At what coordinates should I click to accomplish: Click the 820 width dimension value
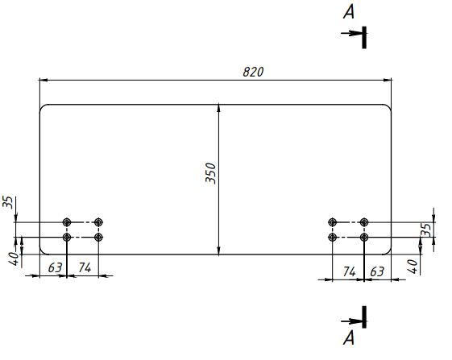(x=253, y=72)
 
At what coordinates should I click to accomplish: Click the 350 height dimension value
(x=211, y=173)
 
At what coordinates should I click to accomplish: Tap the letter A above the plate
(x=349, y=12)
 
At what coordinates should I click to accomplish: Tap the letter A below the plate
(x=349, y=337)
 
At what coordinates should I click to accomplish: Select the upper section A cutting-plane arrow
(x=351, y=33)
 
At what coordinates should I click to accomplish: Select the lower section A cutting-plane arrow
(x=351, y=321)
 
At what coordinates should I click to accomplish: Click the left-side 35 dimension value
(x=8, y=202)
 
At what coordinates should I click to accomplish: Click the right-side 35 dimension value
(x=426, y=230)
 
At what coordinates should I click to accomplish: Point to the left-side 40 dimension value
(x=14, y=259)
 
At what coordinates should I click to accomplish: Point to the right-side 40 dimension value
(x=413, y=267)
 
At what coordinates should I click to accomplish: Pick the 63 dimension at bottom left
(x=55, y=267)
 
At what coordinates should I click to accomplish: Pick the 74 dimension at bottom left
(x=85, y=267)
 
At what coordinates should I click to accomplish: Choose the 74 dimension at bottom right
(x=350, y=271)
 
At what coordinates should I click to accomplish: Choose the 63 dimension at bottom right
(x=377, y=271)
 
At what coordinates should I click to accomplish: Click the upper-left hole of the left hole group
(x=67, y=222)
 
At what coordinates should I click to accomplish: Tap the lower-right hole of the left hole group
(x=98, y=238)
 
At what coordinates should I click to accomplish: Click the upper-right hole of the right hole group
(x=364, y=222)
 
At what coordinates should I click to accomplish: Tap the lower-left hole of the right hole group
(x=333, y=238)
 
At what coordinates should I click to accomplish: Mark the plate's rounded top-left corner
(x=42, y=107)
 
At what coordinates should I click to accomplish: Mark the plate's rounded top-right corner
(x=389, y=107)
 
